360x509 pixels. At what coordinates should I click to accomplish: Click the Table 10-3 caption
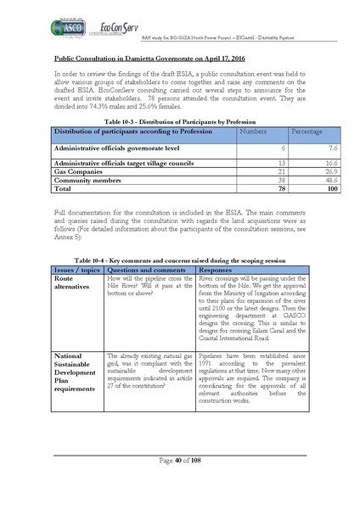pos(179,122)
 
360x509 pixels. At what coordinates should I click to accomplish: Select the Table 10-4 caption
pos(179,260)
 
